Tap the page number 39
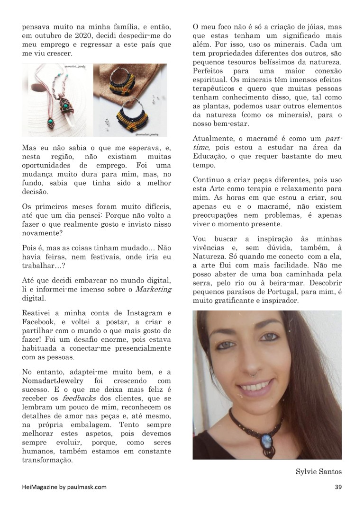pyautogui.click(x=338, y=487)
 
